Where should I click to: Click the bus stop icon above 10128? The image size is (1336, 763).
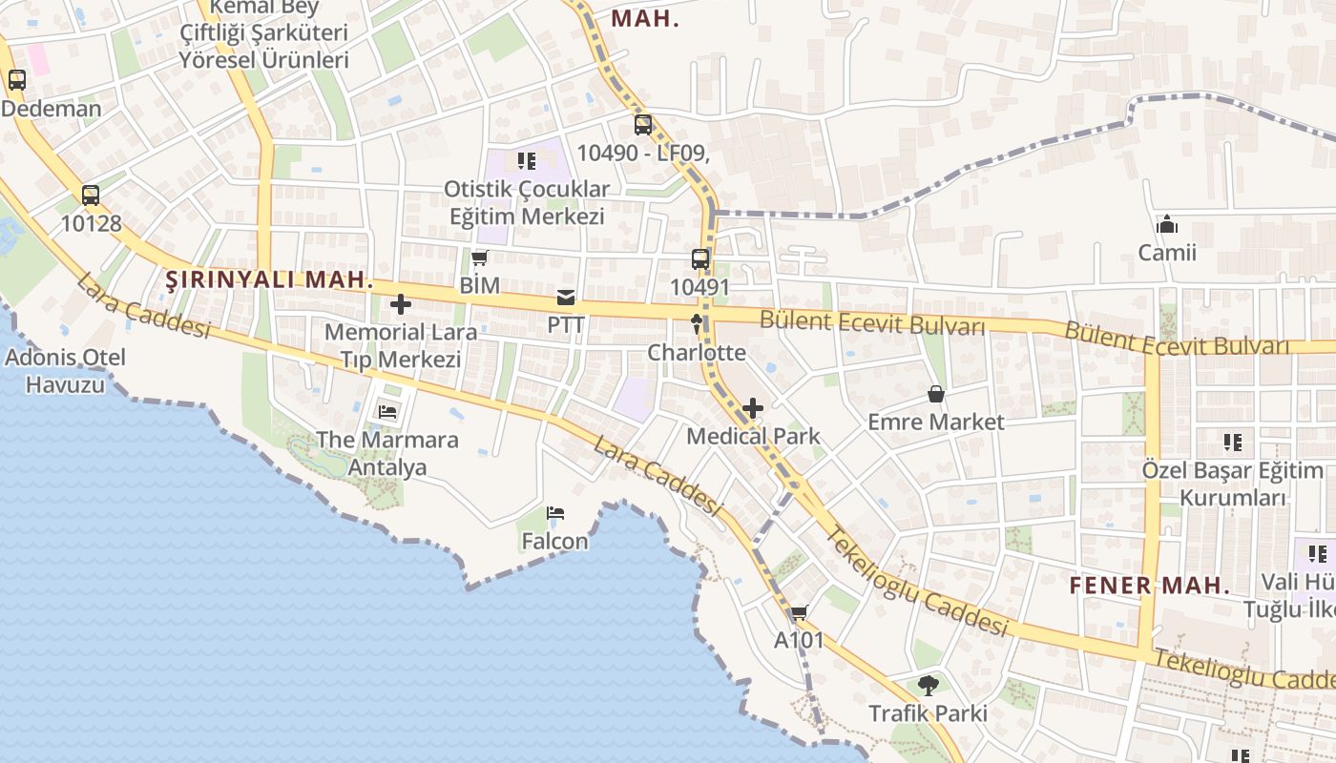[91, 196]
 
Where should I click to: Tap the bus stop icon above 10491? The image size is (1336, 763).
[700, 258]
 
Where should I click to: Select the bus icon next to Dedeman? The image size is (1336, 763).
[17, 80]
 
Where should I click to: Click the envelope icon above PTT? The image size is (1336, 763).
[566, 298]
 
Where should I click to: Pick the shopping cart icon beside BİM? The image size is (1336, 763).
[480, 258]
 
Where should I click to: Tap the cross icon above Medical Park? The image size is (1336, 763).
[753, 409]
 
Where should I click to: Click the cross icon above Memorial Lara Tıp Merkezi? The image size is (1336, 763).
[401, 305]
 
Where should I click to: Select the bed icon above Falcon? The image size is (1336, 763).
[555, 513]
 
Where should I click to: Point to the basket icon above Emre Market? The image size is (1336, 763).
[936, 394]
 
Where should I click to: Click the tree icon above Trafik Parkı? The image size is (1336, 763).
[928, 685]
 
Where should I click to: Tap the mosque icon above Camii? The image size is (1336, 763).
[1166, 225]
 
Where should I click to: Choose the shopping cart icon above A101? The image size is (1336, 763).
[799, 612]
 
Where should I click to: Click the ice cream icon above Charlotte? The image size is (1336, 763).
[697, 324]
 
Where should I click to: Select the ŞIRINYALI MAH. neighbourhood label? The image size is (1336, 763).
[269, 280]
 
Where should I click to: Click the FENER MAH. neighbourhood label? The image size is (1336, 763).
[1150, 586]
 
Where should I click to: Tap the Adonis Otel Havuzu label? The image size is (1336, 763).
[65, 371]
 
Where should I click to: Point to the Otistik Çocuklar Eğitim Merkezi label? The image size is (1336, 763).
[527, 202]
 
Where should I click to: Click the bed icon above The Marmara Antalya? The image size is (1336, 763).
[388, 412]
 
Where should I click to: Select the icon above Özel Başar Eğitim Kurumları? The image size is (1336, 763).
[1233, 443]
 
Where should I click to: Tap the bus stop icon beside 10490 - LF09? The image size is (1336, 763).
[643, 125]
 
